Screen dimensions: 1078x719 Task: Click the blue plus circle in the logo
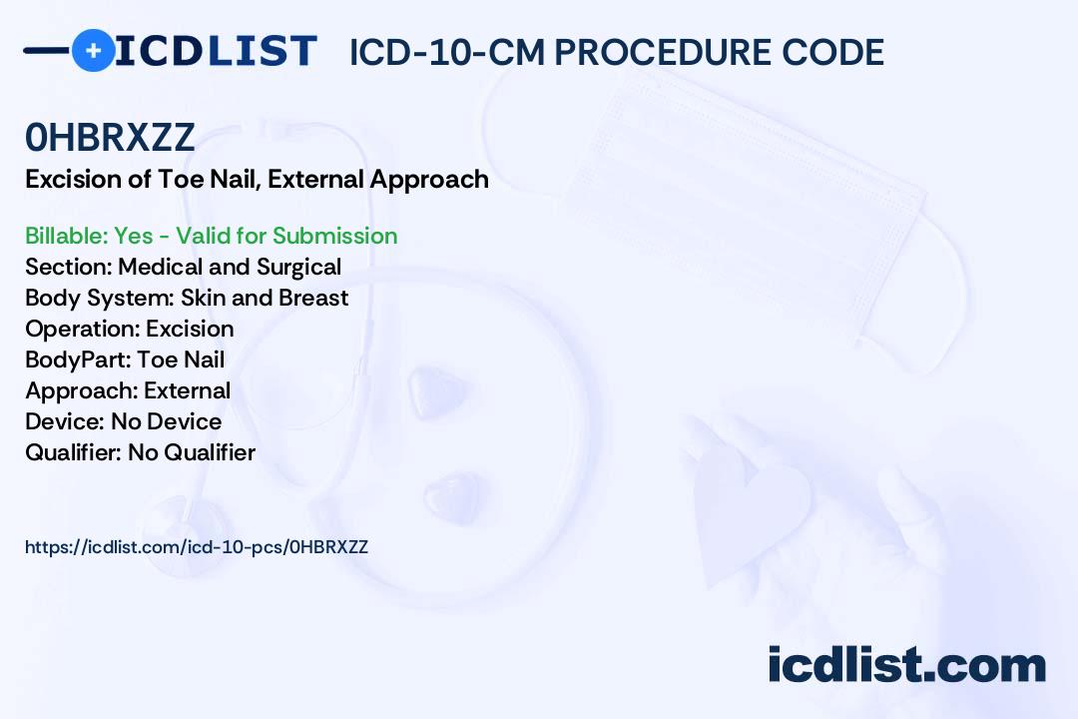(93, 50)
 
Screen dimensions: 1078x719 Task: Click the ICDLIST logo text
(216, 51)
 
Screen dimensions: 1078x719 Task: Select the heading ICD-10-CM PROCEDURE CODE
(617, 52)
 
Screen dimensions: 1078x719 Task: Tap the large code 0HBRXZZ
(110, 137)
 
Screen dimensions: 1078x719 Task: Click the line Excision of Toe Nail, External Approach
(258, 180)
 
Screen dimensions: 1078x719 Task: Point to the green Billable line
(211, 236)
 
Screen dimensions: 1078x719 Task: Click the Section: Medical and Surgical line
(183, 267)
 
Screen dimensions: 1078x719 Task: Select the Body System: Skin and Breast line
(187, 298)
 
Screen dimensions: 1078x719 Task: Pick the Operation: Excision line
(129, 329)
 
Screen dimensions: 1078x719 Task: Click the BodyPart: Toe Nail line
(125, 359)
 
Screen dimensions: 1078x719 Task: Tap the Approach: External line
(128, 390)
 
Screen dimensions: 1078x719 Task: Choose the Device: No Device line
(123, 421)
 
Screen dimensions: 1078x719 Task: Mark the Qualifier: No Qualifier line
(141, 452)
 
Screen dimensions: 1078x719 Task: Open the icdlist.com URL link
(197, 547)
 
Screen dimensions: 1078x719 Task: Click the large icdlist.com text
(906, 664)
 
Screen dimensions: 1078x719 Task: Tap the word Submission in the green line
(334, 236)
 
